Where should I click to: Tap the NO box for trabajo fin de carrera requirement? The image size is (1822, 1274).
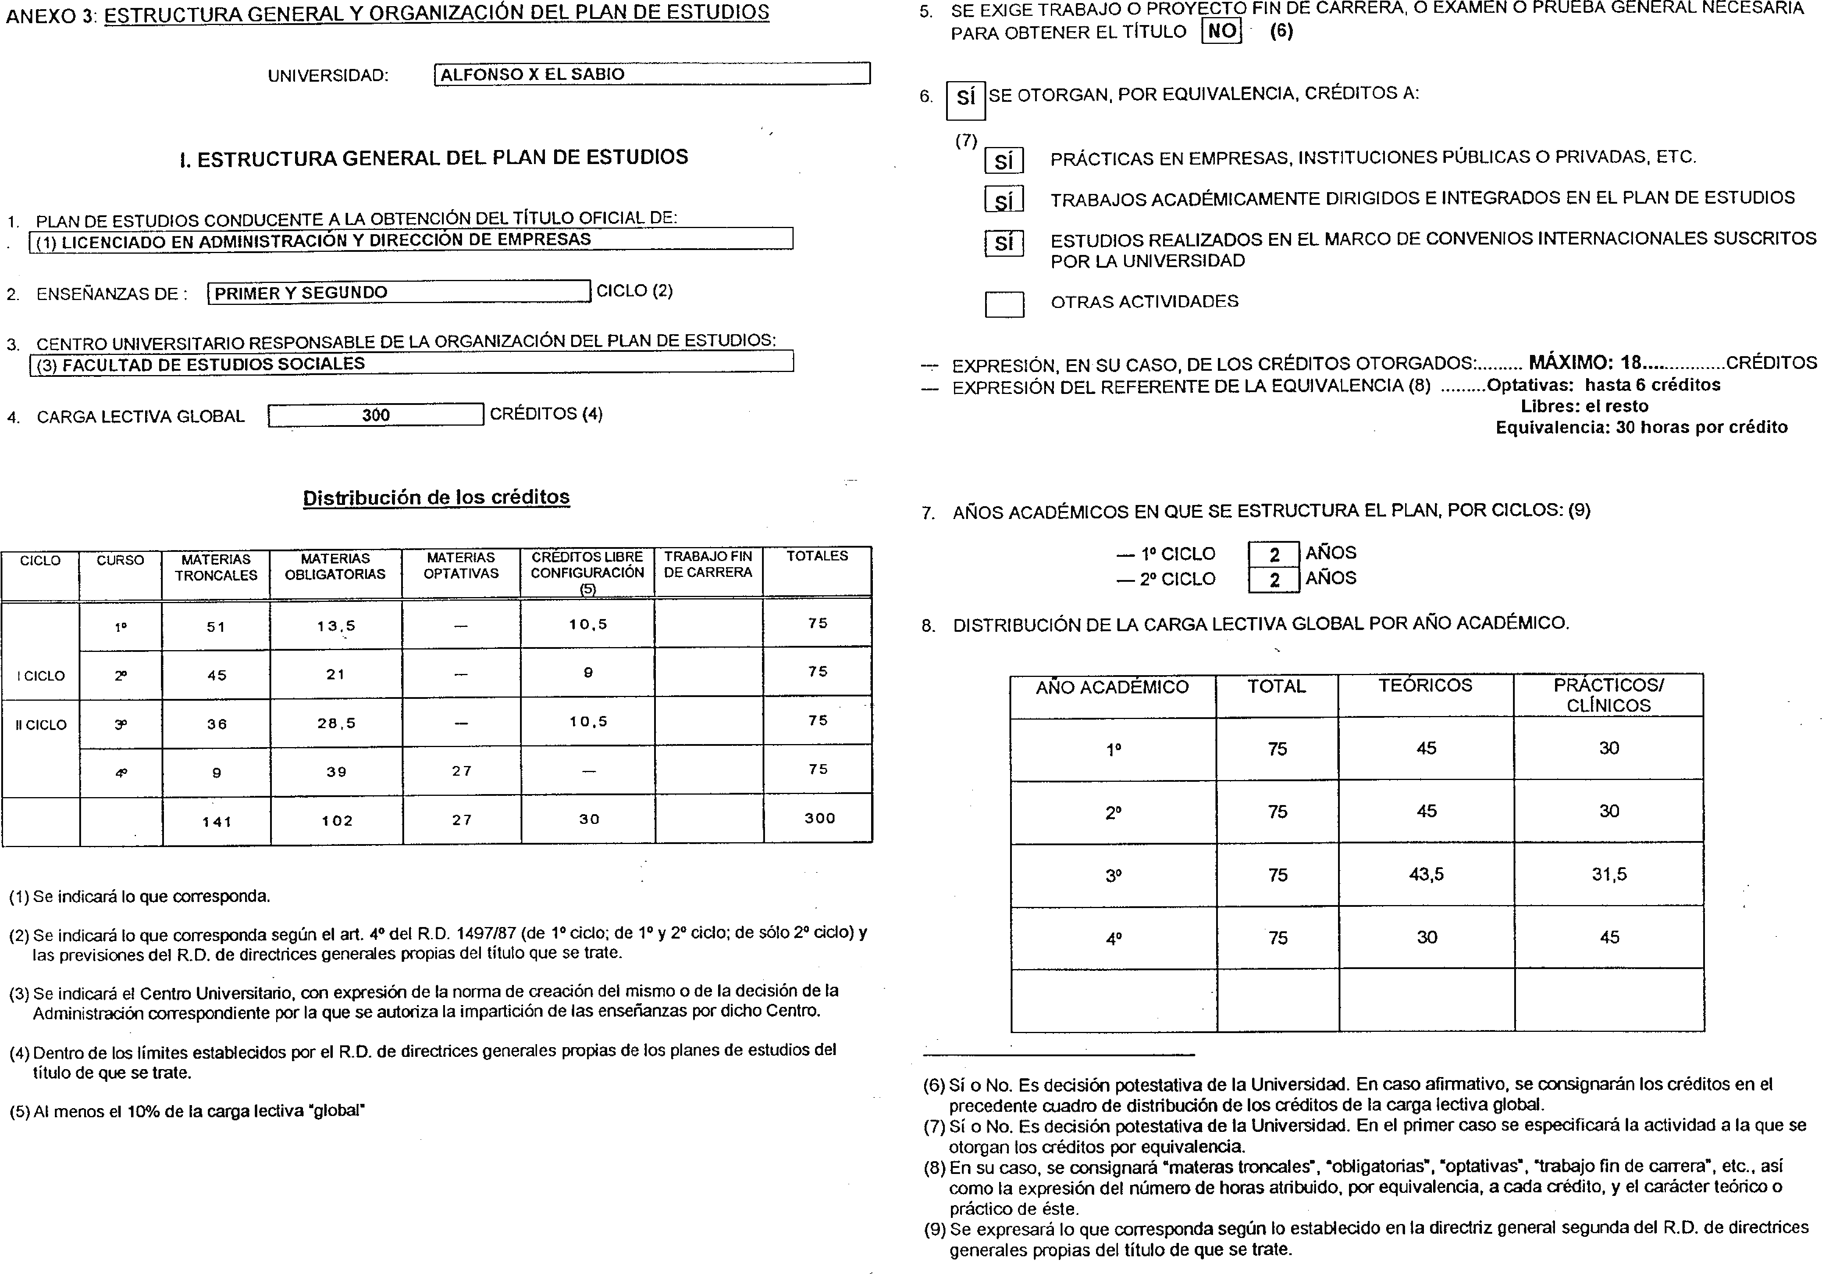point(1222,31)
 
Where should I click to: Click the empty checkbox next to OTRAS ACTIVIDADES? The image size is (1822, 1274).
point(1004,304)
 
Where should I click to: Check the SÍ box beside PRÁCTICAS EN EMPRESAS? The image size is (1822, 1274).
point(1004,161)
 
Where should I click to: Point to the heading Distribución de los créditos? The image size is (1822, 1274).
point(436,498)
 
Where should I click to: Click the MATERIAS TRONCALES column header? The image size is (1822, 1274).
point(216,568)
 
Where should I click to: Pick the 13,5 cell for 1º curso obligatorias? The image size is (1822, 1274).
point(336,626)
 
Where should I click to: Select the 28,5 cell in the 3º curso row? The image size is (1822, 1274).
point(336,723)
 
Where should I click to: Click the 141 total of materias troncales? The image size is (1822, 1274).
point(216,821)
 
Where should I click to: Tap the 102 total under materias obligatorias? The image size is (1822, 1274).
point(336,821)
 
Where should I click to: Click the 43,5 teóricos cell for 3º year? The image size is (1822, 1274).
point(1426,874)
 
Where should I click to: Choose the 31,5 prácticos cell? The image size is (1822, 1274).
point(1609,874)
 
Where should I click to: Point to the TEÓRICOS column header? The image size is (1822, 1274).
point(1425,686)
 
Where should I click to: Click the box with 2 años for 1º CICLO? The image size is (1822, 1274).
point(1273,554)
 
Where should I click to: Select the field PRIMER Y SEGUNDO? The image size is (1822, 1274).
point(399,292)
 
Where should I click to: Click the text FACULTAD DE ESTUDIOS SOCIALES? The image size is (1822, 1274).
point(213,363)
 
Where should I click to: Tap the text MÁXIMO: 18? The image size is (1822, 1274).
point(1584,363)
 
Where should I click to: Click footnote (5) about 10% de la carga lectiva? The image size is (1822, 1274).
point(187,1111)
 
